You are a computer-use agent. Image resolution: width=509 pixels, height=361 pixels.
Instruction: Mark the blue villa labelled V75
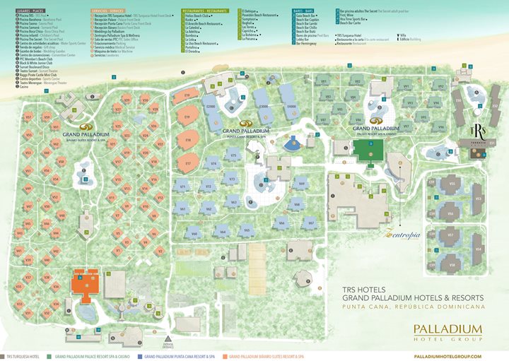click(233, 155)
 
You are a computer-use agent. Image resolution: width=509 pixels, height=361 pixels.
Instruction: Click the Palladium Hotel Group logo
click(447, 331)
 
